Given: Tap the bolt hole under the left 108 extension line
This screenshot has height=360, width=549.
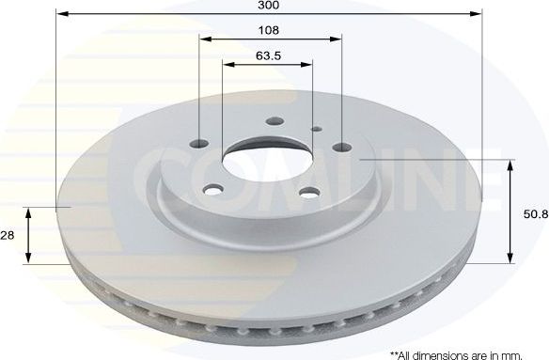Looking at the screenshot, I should click(200, 143).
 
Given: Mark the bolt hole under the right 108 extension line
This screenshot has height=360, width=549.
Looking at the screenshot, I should click(339, 148).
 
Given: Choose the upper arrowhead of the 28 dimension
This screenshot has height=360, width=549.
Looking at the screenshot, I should click(30, 212).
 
